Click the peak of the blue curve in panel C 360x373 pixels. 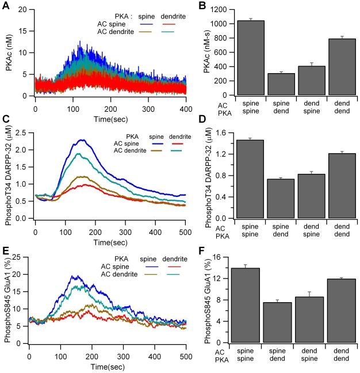tap(84, 140)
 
